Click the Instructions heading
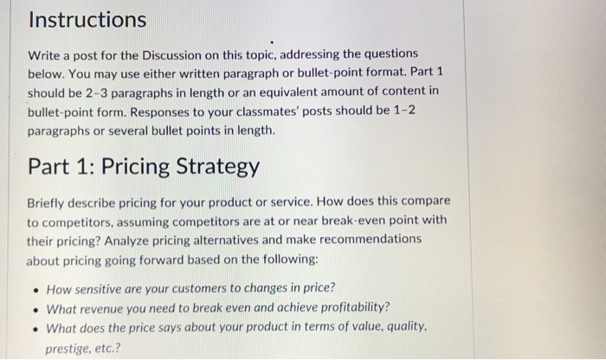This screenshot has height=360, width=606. [x=87, y=18]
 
